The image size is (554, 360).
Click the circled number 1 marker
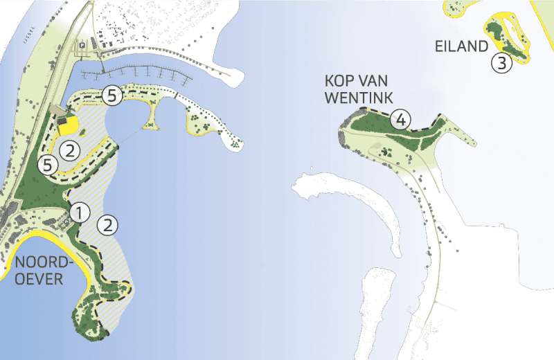pos(80,213)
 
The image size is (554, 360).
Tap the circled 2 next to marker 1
pos(107,224)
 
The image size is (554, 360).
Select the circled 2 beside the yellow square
pos(69,148)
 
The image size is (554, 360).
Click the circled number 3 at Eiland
pos(501,64)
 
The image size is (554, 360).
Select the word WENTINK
pos(351,98)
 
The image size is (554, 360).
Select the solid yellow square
pos(68,127)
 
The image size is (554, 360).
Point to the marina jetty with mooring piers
pos(138,72)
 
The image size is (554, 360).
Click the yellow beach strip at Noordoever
pos(66,253)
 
